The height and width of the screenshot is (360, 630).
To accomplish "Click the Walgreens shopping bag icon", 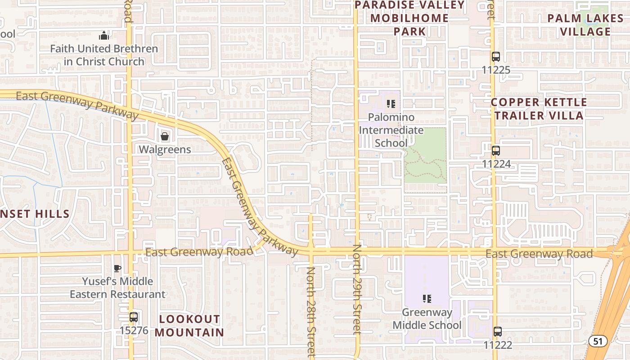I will click(x=165, y=136).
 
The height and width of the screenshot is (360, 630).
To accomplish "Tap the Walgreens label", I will click(x=165, y=149).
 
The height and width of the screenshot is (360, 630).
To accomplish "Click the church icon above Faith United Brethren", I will click(x=104, y=36).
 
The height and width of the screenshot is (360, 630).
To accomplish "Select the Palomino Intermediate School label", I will click(x=391, y=130).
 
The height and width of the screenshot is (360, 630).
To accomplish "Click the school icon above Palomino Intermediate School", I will click(x=391, y=104).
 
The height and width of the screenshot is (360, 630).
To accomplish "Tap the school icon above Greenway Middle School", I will click(x=427, y=298).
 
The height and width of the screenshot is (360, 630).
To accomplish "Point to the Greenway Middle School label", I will click(x=427, y=319).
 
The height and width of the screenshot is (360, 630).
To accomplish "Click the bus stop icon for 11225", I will click(x=496, y=57).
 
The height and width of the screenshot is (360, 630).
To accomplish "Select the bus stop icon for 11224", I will click(x=496, y=151).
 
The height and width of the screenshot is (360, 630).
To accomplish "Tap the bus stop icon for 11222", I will click(x=497, y=332).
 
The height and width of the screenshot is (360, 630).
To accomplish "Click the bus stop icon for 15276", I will click(x=134, y=317).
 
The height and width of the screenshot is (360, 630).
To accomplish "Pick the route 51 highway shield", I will click(x=598, y=341).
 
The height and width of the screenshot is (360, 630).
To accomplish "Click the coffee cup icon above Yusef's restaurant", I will click(x=117, y=269).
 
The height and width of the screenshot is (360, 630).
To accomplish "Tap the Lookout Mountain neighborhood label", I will click(x=189, y=326).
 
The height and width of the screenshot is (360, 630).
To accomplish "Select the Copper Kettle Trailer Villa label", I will click(x=539, y=109).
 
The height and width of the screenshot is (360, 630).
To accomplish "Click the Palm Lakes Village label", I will click(x=579, y=25).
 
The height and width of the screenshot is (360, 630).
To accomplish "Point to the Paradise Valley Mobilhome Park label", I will click(x=409, y=18).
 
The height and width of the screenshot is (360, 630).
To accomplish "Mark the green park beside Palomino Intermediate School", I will click(x=426, y=160).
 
